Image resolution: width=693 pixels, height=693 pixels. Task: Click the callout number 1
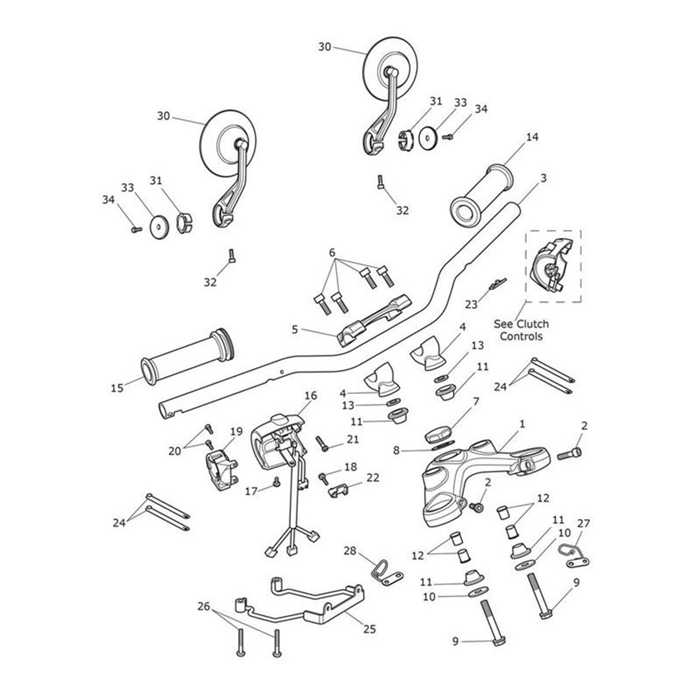[522, 424]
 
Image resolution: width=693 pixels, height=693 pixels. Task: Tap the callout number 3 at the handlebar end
[543, 180]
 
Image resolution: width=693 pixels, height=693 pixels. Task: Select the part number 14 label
[532, 137]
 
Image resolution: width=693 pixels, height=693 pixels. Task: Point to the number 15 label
[117, 388]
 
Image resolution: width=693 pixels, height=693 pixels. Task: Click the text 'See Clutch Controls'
[521, 330]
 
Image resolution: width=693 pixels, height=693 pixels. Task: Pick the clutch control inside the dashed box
[549, 266]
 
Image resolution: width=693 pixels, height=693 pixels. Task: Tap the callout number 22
[373, 478]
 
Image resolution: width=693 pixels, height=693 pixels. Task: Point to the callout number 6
[332, 252]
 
